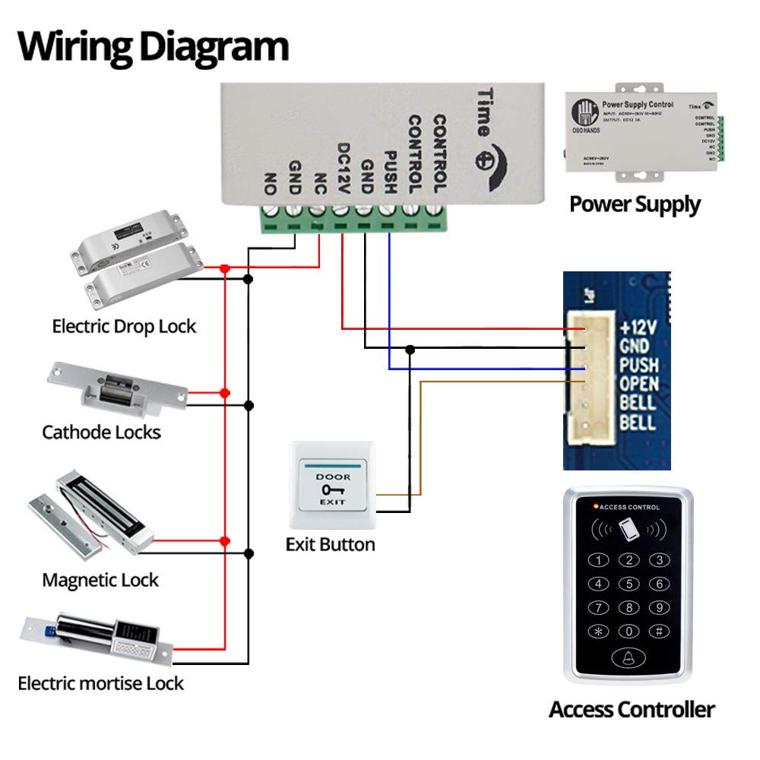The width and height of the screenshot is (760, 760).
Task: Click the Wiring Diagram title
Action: click(x=153, y=46)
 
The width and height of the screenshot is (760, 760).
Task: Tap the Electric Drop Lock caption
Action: click(x=124, y=327)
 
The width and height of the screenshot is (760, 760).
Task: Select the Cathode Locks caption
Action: click(x=101, y=432)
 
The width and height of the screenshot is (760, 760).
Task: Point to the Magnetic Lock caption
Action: click(x=100, y=581)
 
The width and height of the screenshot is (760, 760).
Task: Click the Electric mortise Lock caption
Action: click(x=101, y=683)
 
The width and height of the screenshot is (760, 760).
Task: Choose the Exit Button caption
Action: click(x=330, y=545)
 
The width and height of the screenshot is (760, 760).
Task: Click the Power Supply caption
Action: click(x=635, y=204)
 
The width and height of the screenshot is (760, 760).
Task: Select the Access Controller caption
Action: click(x=632, y=710)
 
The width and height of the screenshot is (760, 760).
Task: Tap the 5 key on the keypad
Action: click(x=629, y=584)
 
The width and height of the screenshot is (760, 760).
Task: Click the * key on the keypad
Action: click(x=600, y=631)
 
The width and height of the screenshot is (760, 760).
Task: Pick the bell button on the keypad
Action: click(x=629, y=658)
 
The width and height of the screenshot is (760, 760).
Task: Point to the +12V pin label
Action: click(x=636, y=328)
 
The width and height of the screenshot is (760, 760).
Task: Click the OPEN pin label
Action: click(x=638, y=385)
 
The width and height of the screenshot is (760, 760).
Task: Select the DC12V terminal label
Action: click(x=343, y=166)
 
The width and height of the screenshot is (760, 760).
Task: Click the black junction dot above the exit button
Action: click(x=410, y=349)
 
